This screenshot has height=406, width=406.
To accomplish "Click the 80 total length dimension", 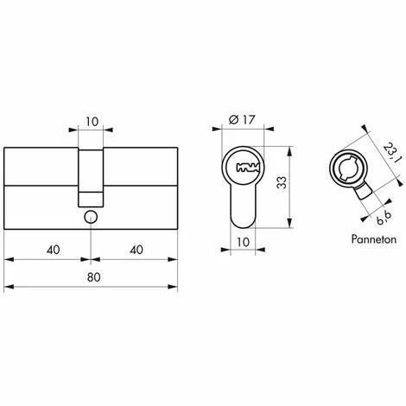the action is (x=93, y=277).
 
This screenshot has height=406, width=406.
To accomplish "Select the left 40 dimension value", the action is (x=54, y=250).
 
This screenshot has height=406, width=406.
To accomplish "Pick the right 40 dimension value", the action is (x=136, y=250).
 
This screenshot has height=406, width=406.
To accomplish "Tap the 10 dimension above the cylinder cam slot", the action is (x=92, y=122).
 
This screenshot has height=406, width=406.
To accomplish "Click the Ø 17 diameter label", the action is (x=242, y=119).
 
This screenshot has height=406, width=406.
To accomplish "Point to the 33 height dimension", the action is (x=282, y=182).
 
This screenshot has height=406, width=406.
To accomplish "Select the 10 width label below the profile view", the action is (x=243, y=242).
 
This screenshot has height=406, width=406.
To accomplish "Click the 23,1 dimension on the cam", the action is (x=391, y=153).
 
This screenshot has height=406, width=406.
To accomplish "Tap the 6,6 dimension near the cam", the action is (x=384, y=218).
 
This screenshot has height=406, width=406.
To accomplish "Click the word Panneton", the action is (x=374, y=239).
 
